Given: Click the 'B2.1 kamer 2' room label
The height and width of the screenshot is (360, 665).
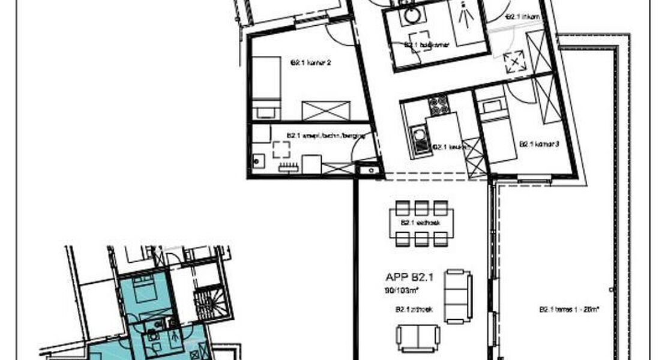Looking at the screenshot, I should [311, 62].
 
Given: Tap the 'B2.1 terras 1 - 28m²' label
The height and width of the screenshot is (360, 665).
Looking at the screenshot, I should [570, 310].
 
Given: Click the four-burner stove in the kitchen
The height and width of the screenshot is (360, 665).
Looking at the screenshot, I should [438, 106].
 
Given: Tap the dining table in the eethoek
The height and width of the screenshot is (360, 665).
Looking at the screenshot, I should [422, 223].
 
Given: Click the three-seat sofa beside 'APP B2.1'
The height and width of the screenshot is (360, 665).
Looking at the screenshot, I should [459, 296].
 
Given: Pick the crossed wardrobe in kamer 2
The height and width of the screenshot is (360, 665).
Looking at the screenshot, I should [326, 111].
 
